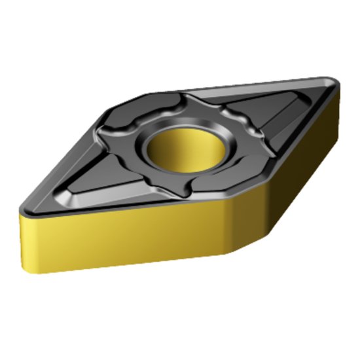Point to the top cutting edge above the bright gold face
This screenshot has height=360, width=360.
pyautogui.click(x=124, y=212)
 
